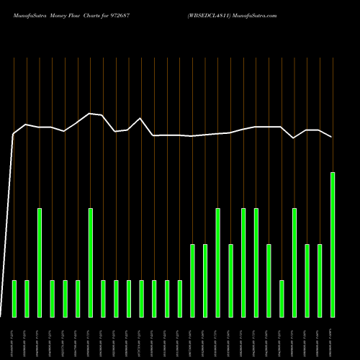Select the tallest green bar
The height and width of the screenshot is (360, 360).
coord(333,245)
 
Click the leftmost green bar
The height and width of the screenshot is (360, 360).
coord(14,298)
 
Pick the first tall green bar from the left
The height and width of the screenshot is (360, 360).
coord(40,262)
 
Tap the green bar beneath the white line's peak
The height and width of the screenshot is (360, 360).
coord(91,262)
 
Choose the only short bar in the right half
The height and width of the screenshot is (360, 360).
coord(282,298)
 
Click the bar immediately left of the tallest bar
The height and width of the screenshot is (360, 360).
coord(320,280)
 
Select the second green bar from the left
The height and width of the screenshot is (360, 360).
coord(27,298)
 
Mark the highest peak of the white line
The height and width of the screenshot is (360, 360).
coord(90,113)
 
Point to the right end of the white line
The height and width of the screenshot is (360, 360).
coord(332,136)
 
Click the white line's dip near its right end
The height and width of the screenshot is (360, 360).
coord(294,138)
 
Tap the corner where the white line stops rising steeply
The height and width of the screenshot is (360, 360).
coord(14,133)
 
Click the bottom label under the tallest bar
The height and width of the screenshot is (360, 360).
coord(333,338)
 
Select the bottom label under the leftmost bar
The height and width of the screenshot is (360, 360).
coord(14,338)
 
